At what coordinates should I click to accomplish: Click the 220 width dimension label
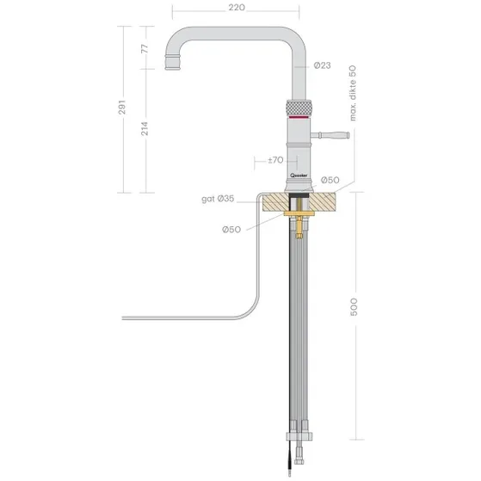point(237,8)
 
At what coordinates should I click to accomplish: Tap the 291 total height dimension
point(122,107)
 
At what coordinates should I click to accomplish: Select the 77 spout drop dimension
point(145,48)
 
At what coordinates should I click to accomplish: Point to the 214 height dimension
point(145,128)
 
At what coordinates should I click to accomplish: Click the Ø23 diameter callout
point(322,65)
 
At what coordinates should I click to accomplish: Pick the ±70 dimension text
point(275,160)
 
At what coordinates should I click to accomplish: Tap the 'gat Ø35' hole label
point(218,199)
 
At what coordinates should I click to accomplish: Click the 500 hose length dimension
point(354,306)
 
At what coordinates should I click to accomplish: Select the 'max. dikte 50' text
point(353,93)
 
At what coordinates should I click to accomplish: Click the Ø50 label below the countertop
point(231,230)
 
